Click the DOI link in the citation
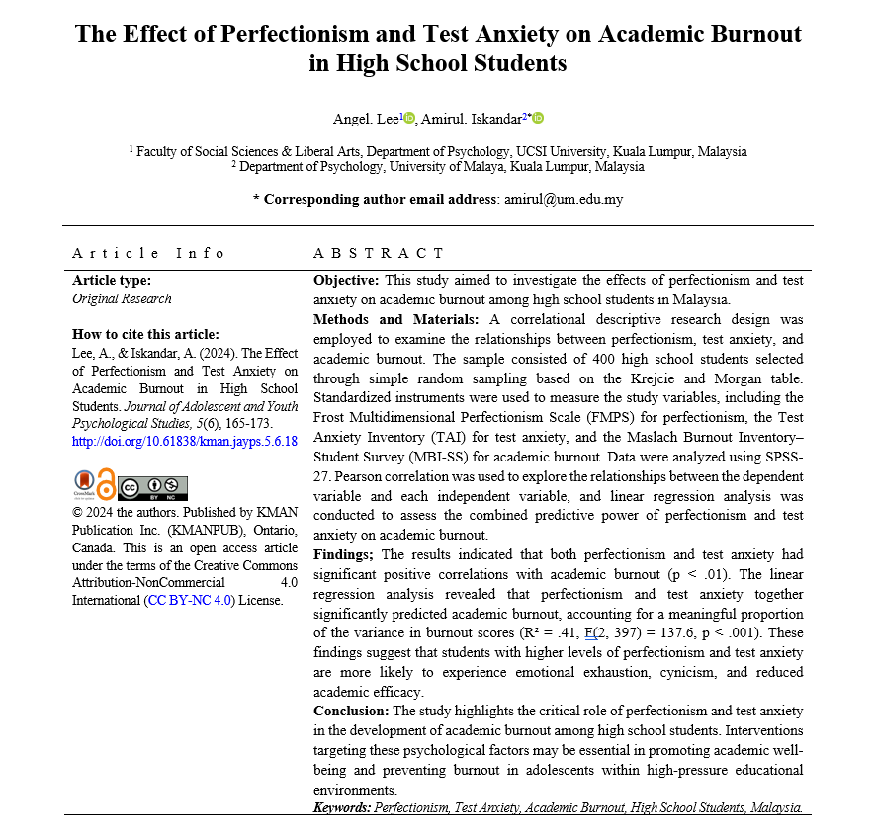185,441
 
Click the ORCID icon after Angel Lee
409,119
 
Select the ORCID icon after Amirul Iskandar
538,119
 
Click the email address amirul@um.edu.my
564,199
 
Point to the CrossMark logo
82,485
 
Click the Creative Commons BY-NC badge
152,487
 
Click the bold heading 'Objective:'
347,281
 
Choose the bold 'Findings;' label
345,554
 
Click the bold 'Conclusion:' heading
351,711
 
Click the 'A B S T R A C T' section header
379,254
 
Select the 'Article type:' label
113,281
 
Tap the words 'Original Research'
122,299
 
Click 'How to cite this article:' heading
146,335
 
